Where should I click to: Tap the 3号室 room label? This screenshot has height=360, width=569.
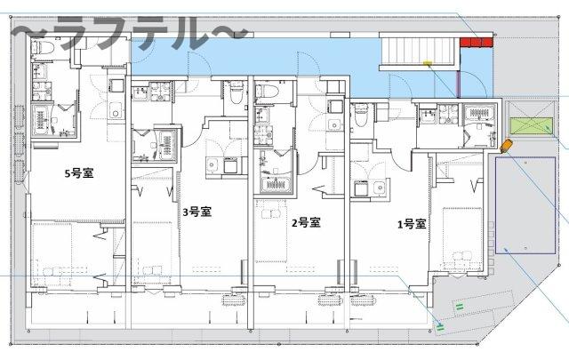click(x=196, y=212)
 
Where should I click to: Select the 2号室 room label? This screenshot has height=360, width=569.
click(x=305, y=222)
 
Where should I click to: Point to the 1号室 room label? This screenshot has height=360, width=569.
click(x=412, y=224)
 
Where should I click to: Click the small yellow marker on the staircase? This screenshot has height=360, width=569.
click(x=429, y=62)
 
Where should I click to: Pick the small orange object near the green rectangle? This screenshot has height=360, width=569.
click(x=507, y=146)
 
